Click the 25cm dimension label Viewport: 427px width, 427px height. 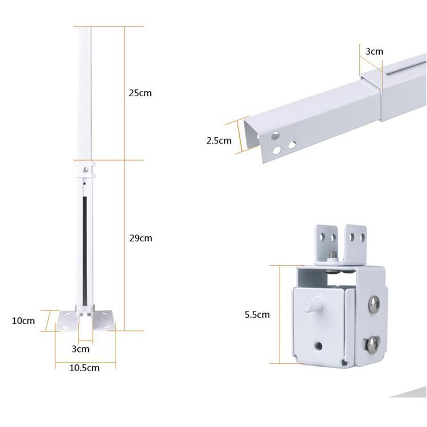coord(140,93)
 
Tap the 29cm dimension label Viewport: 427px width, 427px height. coord(141,239)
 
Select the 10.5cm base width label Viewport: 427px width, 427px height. coord(84,368)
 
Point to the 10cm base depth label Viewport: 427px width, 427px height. coord(23,321)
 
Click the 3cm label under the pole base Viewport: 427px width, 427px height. coord(81,349)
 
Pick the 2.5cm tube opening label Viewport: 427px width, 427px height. coord(219,141)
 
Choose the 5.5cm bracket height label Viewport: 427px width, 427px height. coord(257,314)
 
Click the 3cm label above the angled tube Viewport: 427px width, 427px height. coord(374,51)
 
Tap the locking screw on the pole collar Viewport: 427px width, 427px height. coord(86,170)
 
